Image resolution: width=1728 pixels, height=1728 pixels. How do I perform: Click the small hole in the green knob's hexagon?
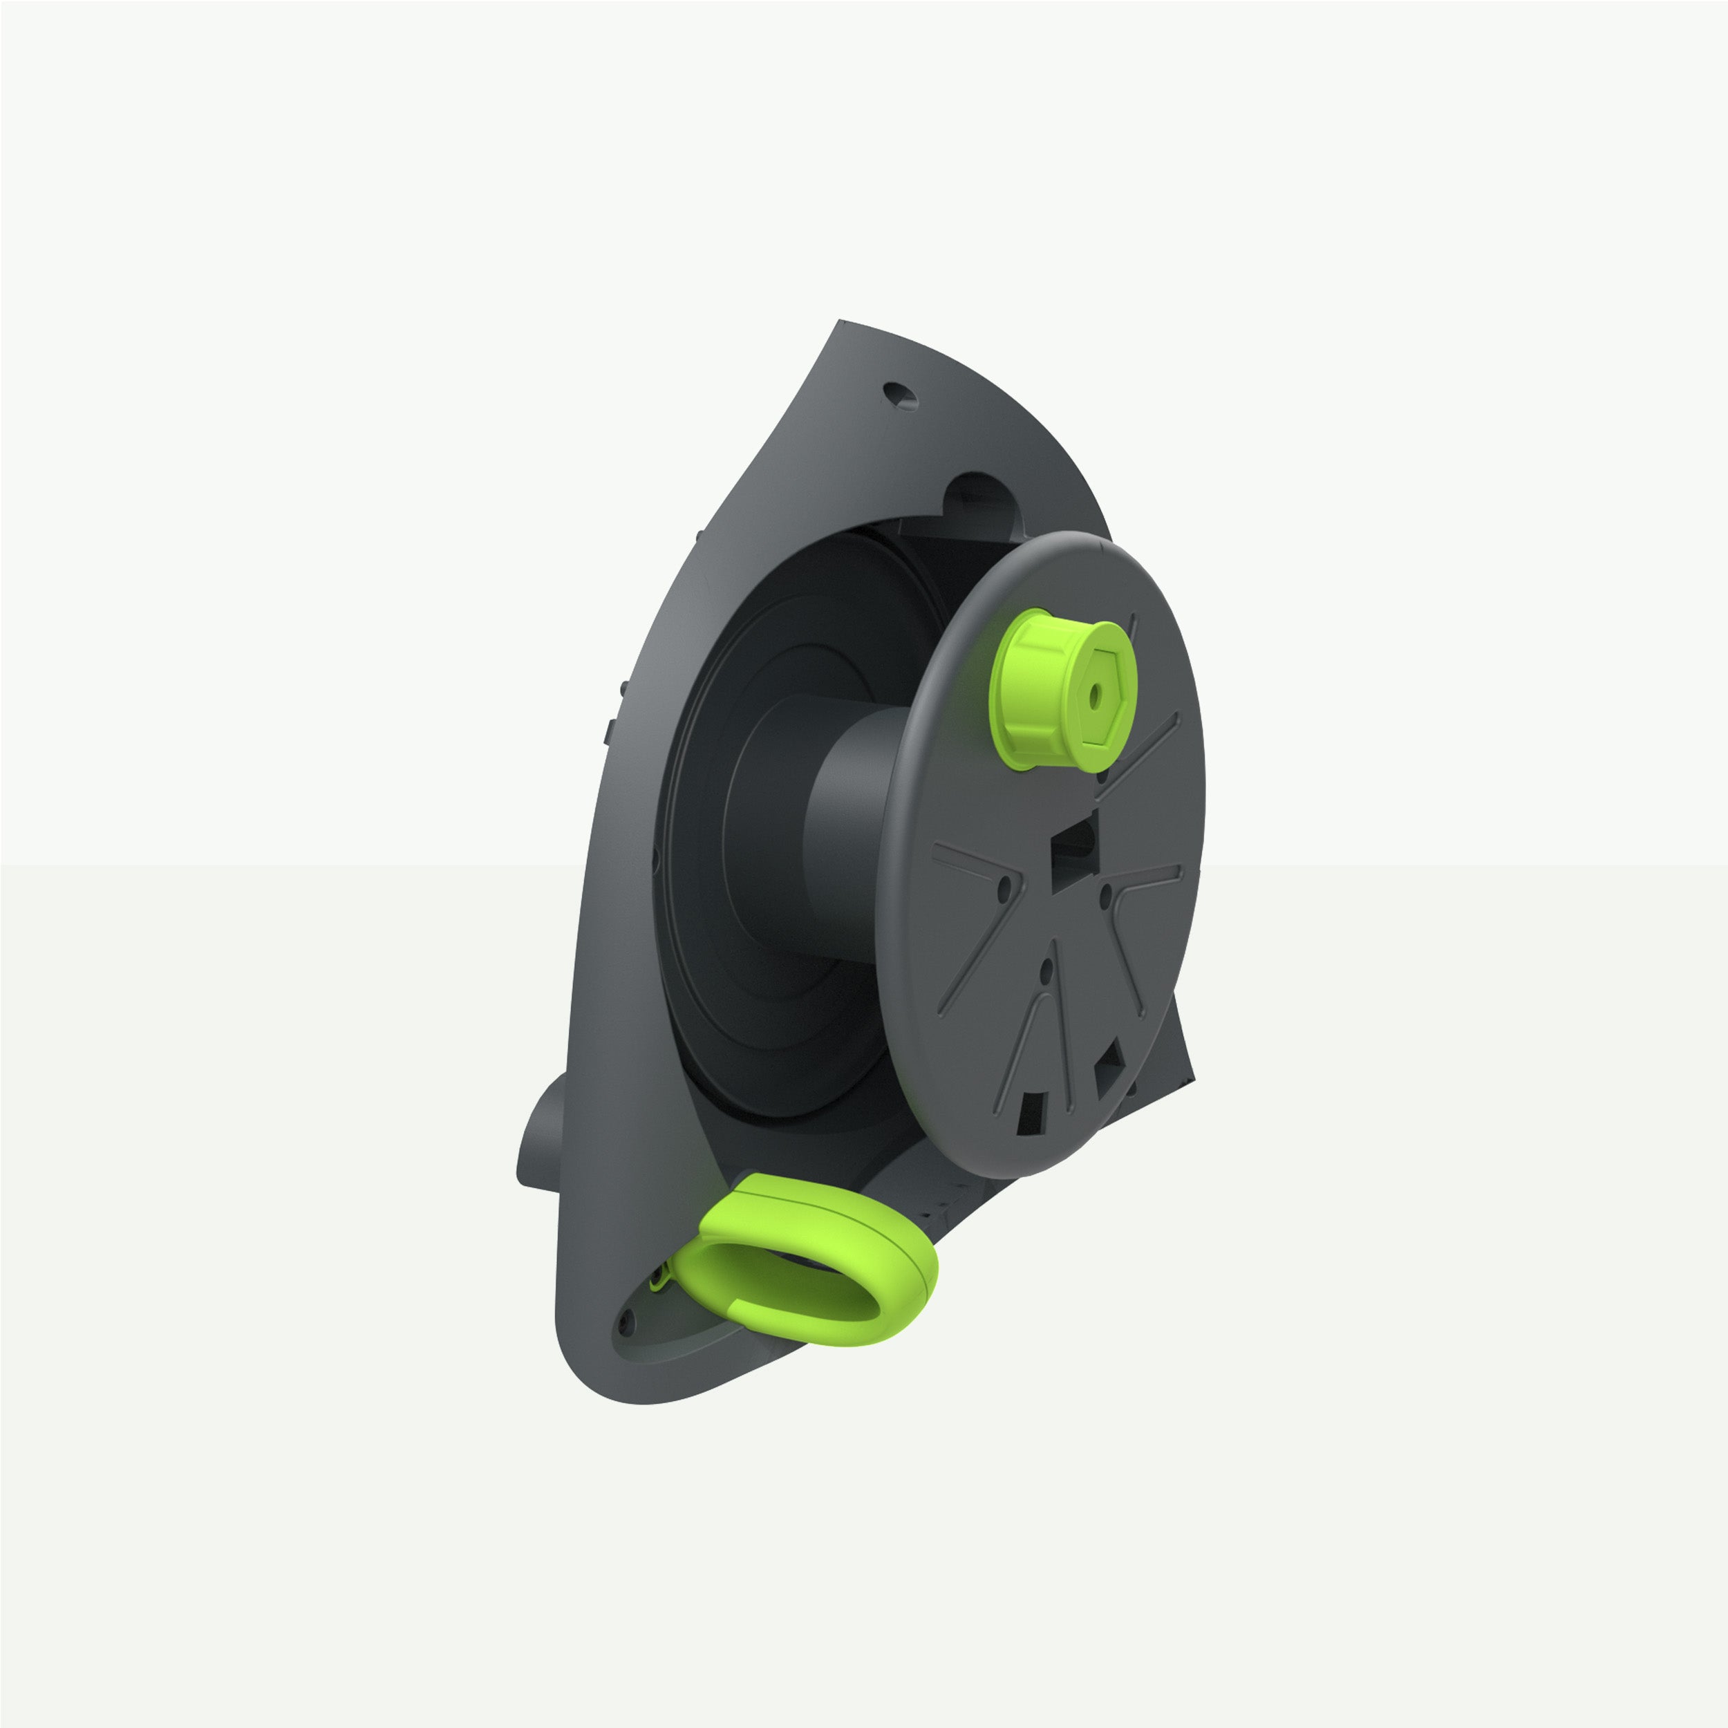1095,700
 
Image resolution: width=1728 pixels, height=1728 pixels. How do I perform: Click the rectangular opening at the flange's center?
1073,855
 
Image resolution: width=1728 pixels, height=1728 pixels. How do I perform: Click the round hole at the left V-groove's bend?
1004,888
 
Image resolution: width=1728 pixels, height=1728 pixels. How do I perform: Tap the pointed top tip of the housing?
842,323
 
